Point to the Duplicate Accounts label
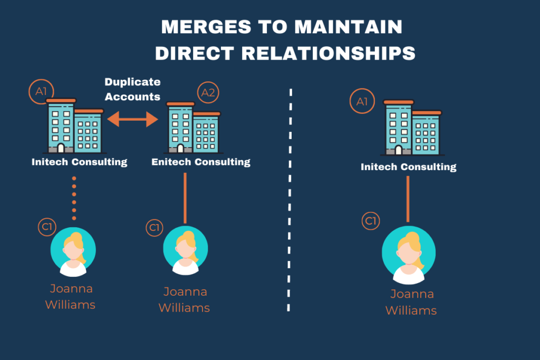(132, 89)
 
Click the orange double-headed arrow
(132, 120)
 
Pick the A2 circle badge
(208, 93)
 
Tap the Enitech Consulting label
(201, 162)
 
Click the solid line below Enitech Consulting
(185, 198)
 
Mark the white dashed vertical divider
(290, 200)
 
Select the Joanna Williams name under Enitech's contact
(185, 299)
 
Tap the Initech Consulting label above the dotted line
(79, 162)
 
